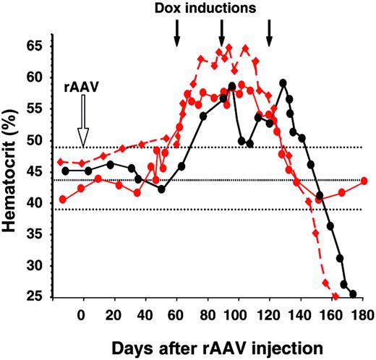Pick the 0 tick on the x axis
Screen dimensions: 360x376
click(x=83, y=316)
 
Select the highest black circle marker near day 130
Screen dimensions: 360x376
click(x=283, y=82)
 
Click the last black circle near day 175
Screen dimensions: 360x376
click(x=353, y=294)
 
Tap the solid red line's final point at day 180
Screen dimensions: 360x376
click(x=364, y=181)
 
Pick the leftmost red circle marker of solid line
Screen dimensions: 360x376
click(x=63, y=199)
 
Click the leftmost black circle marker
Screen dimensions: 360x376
click(x=65, y=171)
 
